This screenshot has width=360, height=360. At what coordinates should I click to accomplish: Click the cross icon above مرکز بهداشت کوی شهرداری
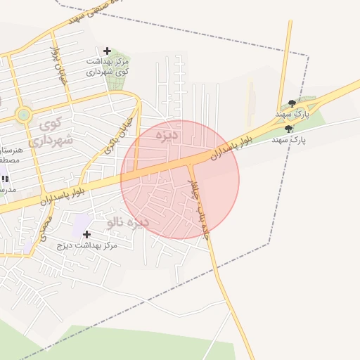[107, 51]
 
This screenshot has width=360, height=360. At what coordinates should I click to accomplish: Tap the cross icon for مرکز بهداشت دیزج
[87, 234]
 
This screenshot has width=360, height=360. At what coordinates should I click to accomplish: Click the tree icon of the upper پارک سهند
[292, 104]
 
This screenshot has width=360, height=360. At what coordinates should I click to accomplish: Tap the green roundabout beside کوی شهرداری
[24, 115]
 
